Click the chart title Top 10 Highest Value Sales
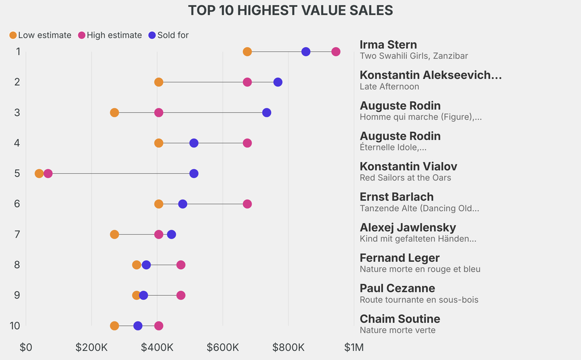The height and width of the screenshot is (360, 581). click(290, 10)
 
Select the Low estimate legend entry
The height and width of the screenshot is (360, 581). click(40, 35)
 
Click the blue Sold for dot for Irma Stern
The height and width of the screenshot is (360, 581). click(306, 52)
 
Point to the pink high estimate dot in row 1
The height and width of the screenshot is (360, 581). click(336, 52)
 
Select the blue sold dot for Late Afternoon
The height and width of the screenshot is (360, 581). click(277, 82)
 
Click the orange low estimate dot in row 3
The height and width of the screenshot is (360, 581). click(115, 112)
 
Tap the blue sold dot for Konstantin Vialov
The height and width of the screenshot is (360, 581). click(194, 174)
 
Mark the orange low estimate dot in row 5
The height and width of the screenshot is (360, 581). click(39, 174)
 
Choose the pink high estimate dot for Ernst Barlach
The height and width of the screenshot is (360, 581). click(247, 204)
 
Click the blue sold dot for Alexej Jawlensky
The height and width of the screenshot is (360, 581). click(171, 235)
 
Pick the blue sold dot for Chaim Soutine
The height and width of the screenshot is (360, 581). click(138, 326)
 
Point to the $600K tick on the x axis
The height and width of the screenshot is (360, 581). click(222, 347)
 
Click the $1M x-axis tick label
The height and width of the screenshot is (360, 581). click(354, 347)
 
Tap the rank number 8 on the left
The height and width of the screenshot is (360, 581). click(18, 265)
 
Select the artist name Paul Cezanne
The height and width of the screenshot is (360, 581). click(397, 288)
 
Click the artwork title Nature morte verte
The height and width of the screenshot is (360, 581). click(397, 330)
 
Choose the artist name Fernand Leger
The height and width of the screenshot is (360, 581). click(399, 258)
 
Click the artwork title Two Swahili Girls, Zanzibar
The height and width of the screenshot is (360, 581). click(414, 56)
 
